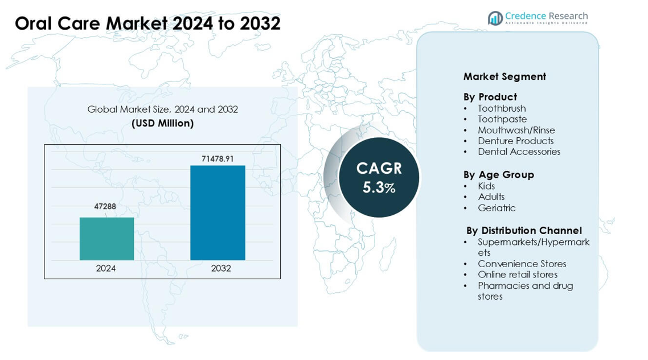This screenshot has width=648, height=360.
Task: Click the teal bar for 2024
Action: [106, 239]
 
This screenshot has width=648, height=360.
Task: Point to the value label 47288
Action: [105, 207]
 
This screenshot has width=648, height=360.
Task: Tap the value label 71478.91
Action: [218, 159]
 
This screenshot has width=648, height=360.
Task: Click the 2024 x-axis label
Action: [106, 268]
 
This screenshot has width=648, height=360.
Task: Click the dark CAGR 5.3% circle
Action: [379, 177]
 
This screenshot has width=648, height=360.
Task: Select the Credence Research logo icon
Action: [495, 18]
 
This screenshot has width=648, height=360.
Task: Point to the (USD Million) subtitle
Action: [162, 123]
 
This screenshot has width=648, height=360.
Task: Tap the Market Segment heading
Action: [505, 76]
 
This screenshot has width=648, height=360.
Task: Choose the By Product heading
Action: [490, 97]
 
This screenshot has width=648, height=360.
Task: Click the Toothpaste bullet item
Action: [502, 119]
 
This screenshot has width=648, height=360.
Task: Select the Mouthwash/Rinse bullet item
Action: [516, 130]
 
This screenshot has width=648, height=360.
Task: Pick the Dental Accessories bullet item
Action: [519, 152]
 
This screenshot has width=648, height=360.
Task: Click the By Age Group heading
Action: [498, 174]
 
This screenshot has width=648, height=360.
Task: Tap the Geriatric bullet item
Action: [497, 208]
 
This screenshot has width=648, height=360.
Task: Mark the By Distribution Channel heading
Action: [524, 231]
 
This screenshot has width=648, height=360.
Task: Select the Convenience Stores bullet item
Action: [522, 264]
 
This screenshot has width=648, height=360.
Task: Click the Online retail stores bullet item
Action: [518, 275]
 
